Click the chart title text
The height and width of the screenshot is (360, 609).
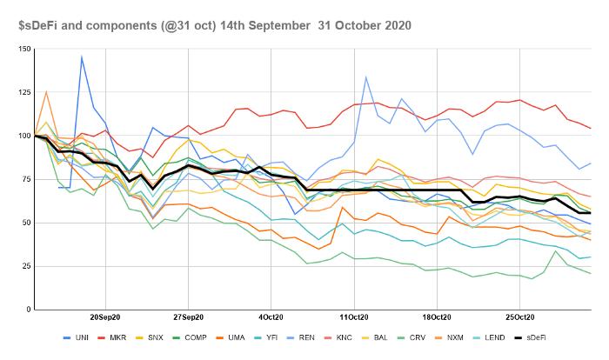(x=215, y=25)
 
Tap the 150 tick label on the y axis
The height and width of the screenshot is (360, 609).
(x=24, y=49)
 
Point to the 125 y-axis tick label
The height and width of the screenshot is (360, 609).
(x=24, y=92)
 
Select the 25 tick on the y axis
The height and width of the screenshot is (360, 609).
(x=26, y=266)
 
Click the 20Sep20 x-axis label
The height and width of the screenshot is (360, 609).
(x=105, y=317)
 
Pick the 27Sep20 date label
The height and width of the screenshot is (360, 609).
(x=189, y=317)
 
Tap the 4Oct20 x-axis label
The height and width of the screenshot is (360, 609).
(x=271, y=317)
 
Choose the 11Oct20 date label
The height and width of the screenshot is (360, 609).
(x=354, y=317)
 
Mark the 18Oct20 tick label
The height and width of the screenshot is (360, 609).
(x=437, y=317)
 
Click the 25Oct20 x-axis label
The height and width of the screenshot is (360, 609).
(x=520, y=317)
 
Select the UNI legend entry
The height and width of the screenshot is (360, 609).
(x=77, y=338)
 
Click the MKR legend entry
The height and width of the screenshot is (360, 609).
(x=112, y=338)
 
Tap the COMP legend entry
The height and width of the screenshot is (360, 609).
(x=190, y=338)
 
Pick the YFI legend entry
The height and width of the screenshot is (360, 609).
(x=265, y=338)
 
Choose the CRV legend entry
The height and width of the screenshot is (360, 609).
(x=412, y=338)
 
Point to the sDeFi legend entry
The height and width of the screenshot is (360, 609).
(x=530, y=338)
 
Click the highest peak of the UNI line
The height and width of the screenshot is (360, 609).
(x=82, y=57)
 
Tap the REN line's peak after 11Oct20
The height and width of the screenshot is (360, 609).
(x=365, y=77)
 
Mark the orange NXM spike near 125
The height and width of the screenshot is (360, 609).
(x=46, y=91)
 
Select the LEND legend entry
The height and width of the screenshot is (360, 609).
(x=489, y=338)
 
